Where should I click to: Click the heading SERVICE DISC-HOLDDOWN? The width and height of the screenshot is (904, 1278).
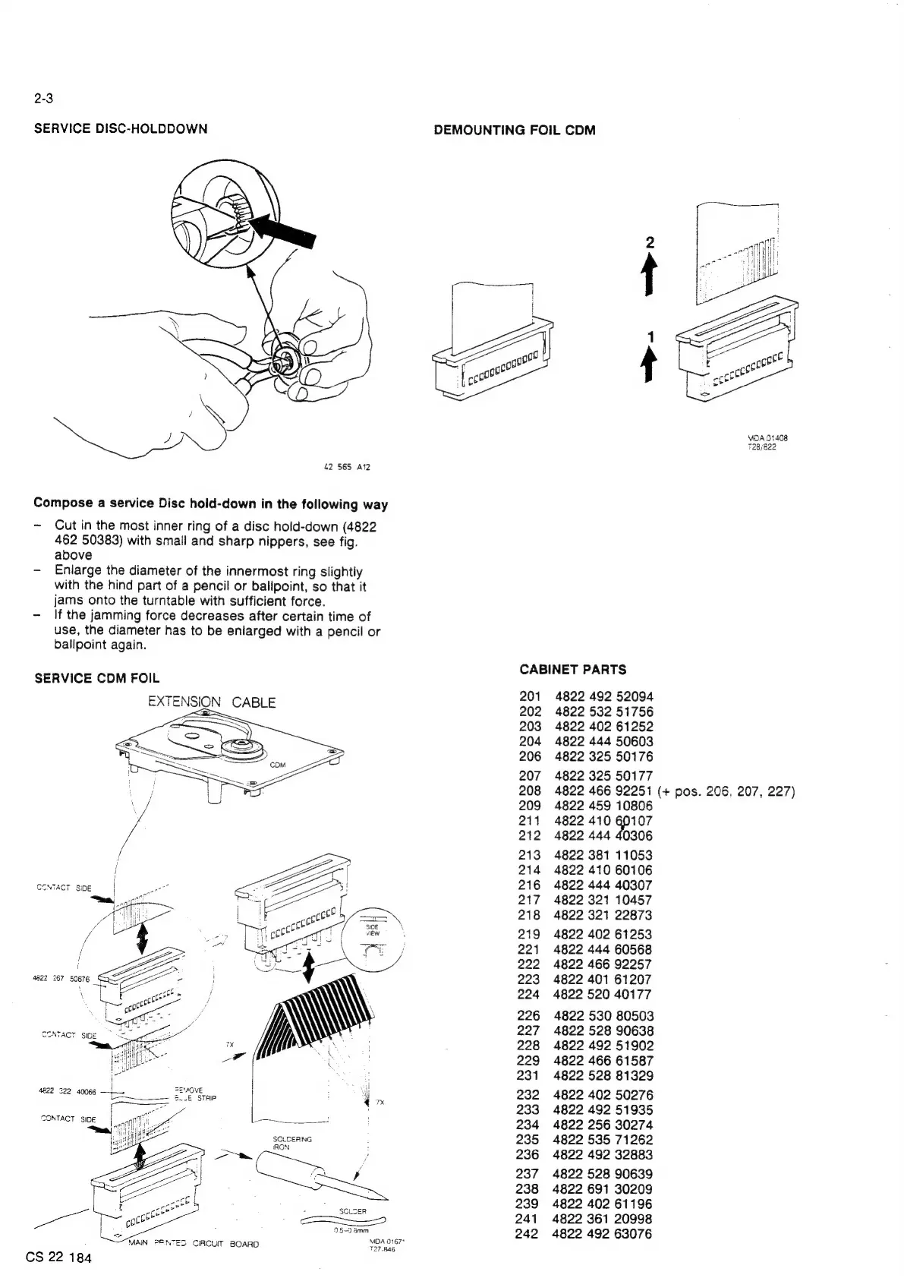(x=121, y=128)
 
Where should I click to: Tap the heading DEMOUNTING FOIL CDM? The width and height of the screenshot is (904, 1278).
(x=514, y=130)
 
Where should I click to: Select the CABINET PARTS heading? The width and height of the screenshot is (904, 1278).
(x=573, y=669)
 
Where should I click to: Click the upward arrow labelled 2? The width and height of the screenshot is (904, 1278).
(x=649, y=276)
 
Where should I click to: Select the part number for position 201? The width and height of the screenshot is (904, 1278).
(x=603, y=696)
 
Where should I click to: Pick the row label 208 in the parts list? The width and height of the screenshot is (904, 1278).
(x=530, y=790)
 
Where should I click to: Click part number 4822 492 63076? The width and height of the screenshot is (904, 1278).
(x=603, y=1234)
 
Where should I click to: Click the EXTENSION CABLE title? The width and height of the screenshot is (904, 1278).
(x=212, y=702)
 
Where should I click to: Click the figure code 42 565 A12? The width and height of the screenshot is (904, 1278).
(x=347, y=467)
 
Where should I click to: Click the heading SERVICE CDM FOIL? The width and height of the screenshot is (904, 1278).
(x=97, y=677)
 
